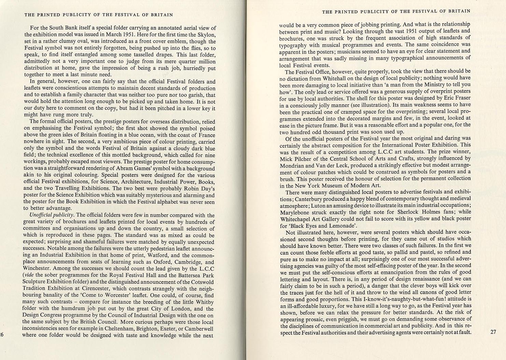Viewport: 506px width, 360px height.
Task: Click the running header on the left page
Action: point(99,15)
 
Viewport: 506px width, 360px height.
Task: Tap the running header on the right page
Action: point(396,11)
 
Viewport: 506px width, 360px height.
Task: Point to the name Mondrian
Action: point(291,165)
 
